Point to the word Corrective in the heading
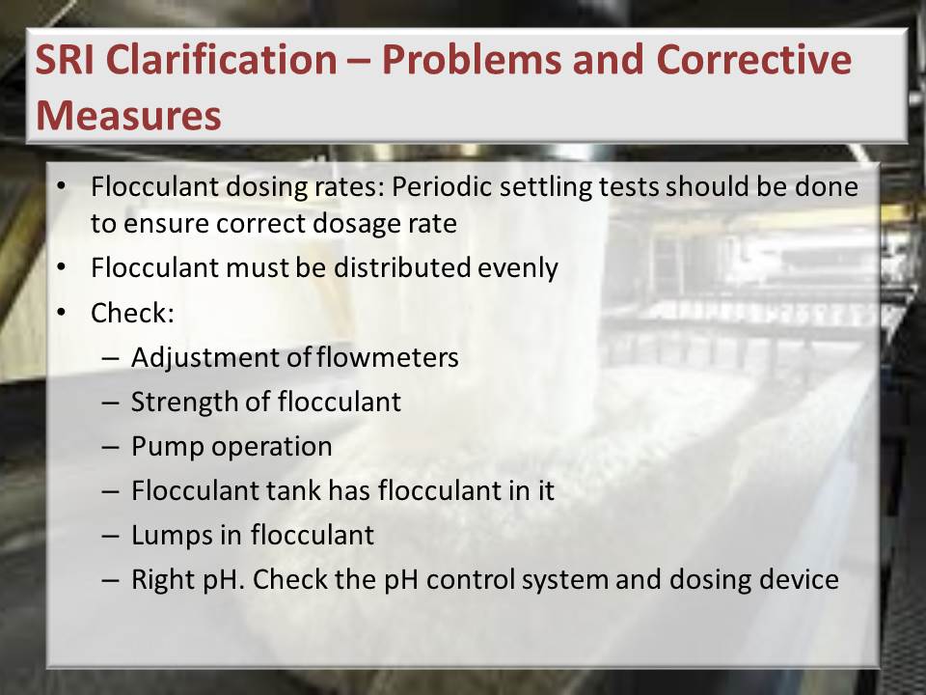pyautogui.click(x=754, y=60)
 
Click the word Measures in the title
pyautogui.click(x=128, y=115)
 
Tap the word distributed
pyautogui.click(x=401, y=267)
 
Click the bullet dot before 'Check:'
pyautogui.click(x=62, y=313)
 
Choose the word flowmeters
pyautogui.click(x=388, y=357)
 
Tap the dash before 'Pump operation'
pyautogui.click(x=110, y=447)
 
